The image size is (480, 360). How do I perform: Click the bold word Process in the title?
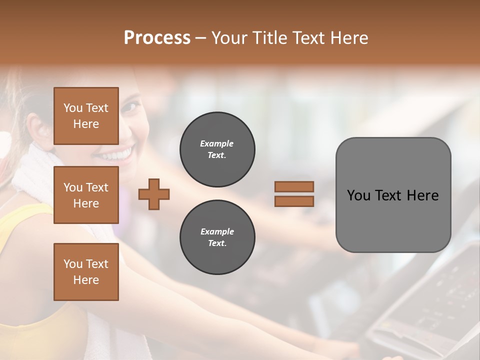157,38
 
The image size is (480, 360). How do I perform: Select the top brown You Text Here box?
86,116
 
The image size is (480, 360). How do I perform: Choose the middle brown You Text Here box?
86,195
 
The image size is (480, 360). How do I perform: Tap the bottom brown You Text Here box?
86,272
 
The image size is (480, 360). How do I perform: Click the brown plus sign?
154,194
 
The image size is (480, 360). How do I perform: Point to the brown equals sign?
294,194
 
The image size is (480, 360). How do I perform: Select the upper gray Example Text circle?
217,149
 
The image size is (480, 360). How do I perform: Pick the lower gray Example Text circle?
217,237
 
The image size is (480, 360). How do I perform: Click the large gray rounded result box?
393,195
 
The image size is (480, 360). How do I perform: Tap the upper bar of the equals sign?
294,187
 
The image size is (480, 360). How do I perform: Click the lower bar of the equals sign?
294,201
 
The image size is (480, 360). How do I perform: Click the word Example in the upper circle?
217,143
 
